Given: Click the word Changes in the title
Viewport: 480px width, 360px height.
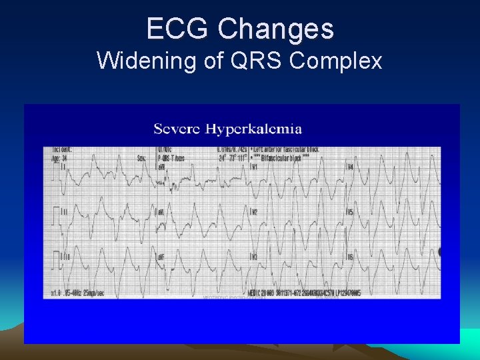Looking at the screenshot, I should (275, 29).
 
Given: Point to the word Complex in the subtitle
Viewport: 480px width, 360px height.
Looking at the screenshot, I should (336, 61).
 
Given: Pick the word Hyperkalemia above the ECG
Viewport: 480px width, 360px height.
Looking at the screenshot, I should (253, 129).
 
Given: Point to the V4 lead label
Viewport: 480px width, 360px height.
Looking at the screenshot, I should (350, 167).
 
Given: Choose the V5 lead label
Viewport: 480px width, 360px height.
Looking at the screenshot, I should (350, 213).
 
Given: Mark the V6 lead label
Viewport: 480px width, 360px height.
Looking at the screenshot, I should (350, 257).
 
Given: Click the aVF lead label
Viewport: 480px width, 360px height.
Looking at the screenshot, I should (161, 257).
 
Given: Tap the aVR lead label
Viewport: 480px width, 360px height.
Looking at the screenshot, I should (161, 167).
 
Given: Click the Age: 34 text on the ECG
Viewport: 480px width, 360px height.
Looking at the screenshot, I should (60, 158).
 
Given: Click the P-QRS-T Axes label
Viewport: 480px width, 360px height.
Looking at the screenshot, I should (172, 158).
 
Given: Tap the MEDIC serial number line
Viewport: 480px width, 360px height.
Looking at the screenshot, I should (303, 293).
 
